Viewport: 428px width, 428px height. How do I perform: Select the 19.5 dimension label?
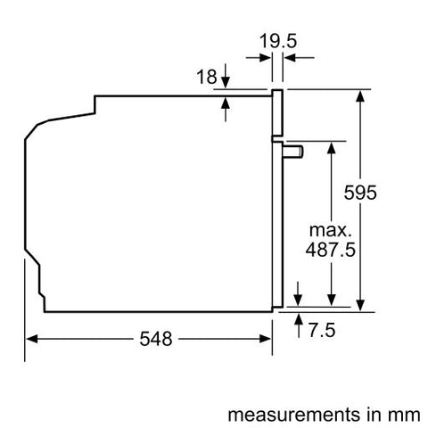pos(278,39)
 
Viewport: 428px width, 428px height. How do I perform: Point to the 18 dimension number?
pos(206,78)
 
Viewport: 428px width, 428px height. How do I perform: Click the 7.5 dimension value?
pos(323,331)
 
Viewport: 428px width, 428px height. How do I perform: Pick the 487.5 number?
pos(331,251)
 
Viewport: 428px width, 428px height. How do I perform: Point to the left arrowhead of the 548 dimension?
pos(30,340)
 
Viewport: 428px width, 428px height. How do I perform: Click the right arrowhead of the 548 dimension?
pos(267,340)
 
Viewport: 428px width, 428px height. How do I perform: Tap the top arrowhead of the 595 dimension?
pos(360,95)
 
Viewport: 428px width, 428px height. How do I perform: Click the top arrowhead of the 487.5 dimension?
pos(331,146)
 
